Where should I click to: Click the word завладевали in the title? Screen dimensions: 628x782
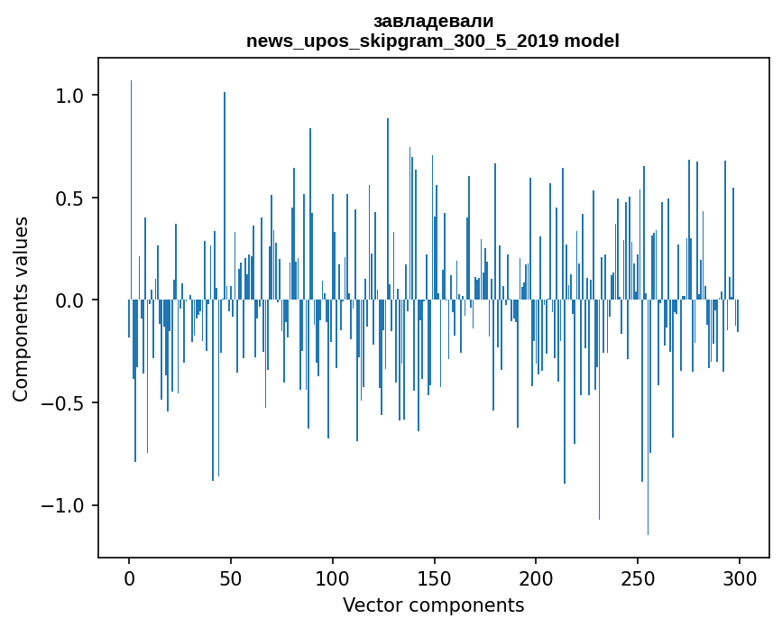[433, 22]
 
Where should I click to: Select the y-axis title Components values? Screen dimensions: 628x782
[21, 309]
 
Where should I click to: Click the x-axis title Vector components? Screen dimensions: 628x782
[433, 605]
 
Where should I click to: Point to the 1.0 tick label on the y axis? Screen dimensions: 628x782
[70, 96]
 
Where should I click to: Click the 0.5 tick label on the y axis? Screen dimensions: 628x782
[70, 199]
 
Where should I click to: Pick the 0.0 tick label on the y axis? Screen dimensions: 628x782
[70, 300]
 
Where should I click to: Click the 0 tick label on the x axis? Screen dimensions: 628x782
[129, 577]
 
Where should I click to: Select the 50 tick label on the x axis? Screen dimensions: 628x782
[231, 577]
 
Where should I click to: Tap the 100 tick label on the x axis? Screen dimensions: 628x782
[333, 577]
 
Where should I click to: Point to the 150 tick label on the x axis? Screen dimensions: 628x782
[434, 577]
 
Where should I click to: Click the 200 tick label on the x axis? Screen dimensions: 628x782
[536, 577]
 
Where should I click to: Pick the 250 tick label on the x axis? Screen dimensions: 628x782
[638, 577]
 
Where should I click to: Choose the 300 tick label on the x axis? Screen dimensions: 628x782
[740, 577]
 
